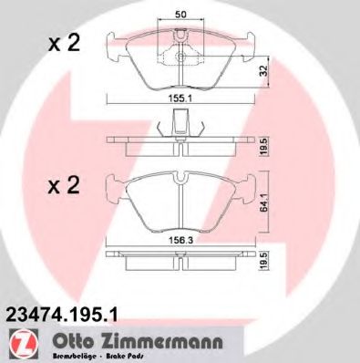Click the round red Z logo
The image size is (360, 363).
pyautogui.click(x=19, y=342)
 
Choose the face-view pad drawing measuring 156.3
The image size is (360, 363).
pyautogui.click(x=182, y=196)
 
